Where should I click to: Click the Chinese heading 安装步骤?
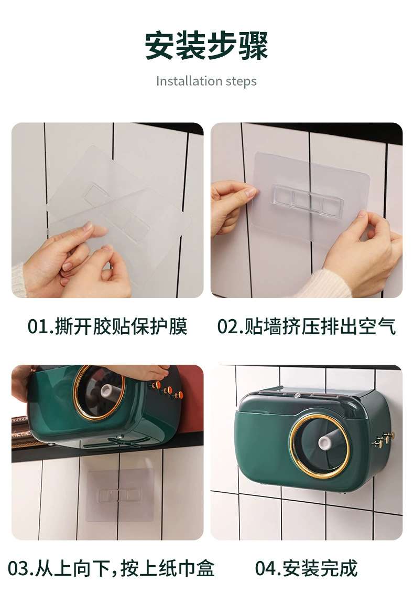206,46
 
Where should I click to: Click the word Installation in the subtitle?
189,81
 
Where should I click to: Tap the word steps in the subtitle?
241,81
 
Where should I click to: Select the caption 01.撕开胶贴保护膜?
107,326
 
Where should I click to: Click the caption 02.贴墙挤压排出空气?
306,326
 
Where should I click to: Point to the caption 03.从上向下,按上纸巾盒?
111,568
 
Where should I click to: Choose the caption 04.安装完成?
306,568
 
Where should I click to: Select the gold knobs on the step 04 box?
383,440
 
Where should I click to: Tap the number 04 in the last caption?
265,569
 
